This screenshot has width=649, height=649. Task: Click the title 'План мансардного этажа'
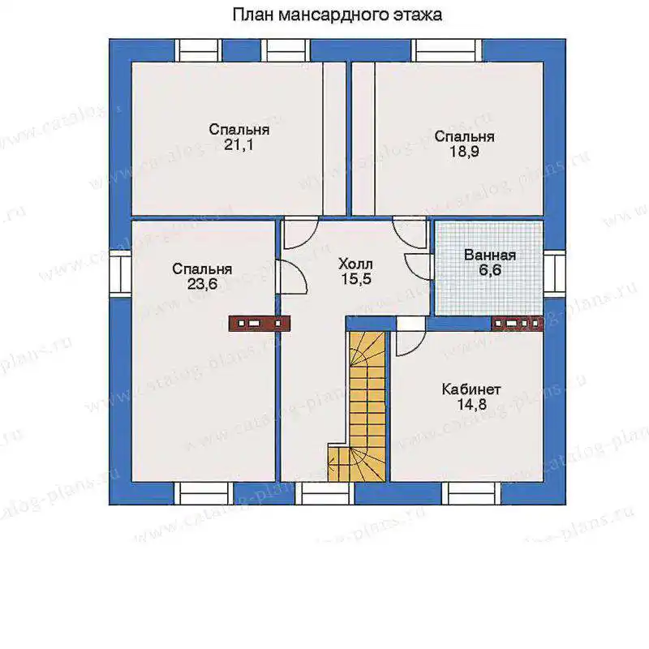point(337,15)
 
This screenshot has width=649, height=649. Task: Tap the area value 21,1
point(239,145)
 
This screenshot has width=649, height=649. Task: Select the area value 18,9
point(464,152)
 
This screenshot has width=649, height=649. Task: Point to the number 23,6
point(202,285)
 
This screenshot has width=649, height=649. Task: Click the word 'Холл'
point(355,264)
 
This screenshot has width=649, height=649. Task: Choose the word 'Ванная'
point(490,255)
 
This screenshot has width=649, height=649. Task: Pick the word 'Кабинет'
point(471,389)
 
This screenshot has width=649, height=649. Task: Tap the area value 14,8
point(472,404)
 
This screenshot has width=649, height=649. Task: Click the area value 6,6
point(490,270)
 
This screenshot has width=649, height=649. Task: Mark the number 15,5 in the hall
point(356,279)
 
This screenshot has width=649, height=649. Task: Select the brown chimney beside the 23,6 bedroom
point(260,323)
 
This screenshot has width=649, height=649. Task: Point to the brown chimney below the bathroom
point(518,323)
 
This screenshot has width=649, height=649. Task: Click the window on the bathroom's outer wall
point(555,273)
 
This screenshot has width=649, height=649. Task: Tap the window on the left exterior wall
point(120,273)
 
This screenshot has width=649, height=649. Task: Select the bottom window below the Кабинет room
point(471,493)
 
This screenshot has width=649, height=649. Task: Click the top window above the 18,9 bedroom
point(447,50)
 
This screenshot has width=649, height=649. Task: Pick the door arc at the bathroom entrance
point(418,267)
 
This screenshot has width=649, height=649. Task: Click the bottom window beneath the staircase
point(325,493)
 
